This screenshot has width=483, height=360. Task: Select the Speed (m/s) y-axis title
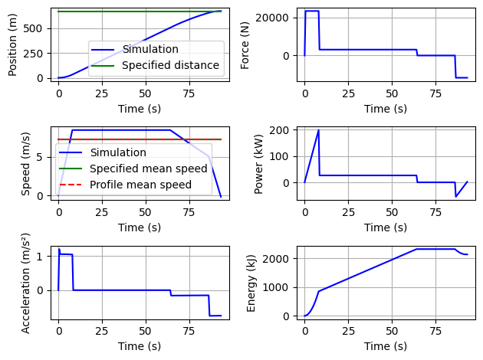click(x=26, y=162)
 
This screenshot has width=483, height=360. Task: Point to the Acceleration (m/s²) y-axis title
click(x=26, y=280)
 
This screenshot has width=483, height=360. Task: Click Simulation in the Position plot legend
click(x=149, y=49)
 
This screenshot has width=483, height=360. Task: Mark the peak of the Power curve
click(x=318, y=130)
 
